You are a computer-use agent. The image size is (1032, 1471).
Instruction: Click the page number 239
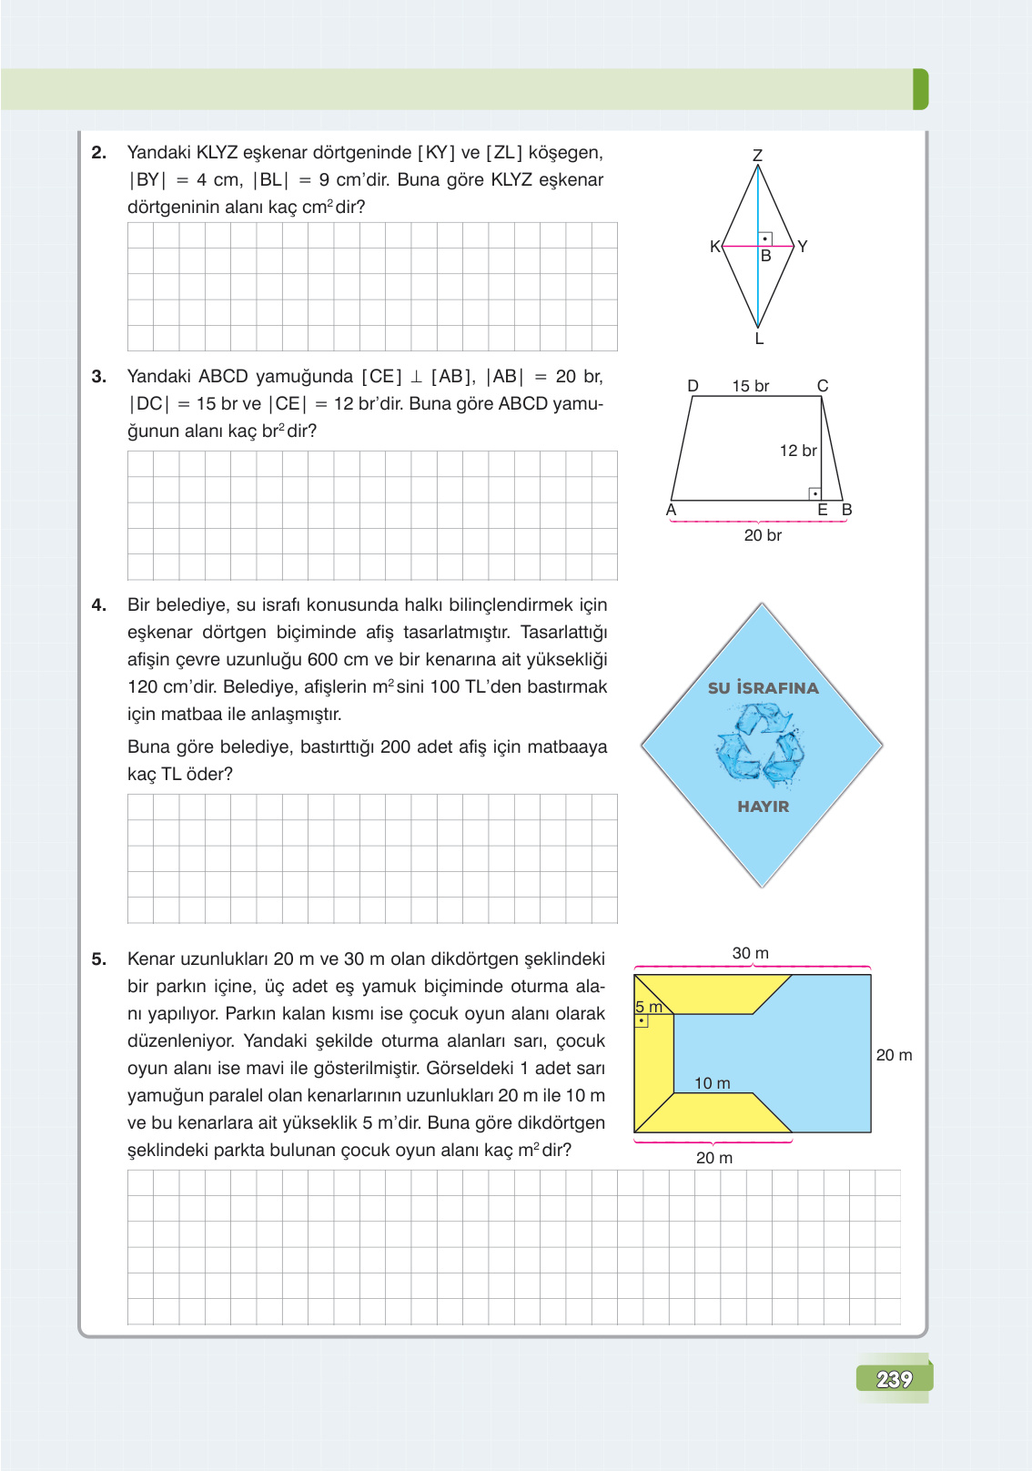click(894, 1379)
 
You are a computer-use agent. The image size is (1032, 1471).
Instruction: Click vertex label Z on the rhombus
click(757, 156)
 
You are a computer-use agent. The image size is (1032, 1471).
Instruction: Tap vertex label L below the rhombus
click(759, 340)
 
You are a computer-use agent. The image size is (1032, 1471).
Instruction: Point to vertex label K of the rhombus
click(714, 246)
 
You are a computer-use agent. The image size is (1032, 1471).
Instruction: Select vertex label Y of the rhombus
click(802, 246)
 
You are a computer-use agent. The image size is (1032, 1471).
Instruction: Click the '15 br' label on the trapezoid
click(750, 386)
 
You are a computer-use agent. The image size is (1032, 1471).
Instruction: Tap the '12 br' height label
click(797, 451)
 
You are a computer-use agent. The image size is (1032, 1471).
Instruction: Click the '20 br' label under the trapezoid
click(763, 535)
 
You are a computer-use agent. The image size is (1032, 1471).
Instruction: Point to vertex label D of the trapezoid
click(693, 386)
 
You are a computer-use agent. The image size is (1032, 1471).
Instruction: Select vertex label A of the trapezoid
click(672, 510)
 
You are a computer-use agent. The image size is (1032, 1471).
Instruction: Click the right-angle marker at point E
click(814, 493)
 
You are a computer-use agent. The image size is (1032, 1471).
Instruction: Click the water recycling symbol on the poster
click(760, 746)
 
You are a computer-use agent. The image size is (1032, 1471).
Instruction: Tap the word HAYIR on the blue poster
click(763, 807)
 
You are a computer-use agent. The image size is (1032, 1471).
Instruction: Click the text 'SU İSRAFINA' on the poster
click(763, 688)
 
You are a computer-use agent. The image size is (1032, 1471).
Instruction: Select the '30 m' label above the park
click(750, 953)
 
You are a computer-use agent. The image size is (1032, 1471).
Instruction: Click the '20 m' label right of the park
click(893, 1055)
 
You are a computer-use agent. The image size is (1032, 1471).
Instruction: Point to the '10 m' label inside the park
click(712, 1083)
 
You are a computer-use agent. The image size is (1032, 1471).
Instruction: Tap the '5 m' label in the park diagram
click(648, 1007)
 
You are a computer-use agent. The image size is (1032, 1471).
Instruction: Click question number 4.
click(99, 605)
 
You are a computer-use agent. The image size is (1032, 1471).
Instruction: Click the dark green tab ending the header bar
click(920, 89)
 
